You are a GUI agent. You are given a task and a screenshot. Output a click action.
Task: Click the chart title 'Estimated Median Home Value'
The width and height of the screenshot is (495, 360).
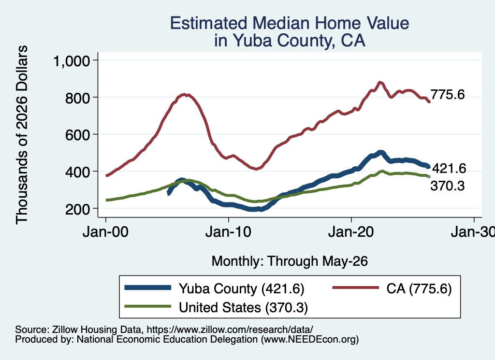290,23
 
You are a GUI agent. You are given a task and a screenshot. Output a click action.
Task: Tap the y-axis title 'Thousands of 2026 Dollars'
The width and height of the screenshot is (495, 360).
22,135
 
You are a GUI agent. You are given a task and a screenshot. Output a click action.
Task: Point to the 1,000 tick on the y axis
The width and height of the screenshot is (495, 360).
72,60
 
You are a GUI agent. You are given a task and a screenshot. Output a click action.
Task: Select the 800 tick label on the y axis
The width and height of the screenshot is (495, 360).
78,98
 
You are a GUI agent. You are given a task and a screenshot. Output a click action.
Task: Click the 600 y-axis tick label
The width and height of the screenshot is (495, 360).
78,135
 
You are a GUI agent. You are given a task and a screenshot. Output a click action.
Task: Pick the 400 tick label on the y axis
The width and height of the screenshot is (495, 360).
78,173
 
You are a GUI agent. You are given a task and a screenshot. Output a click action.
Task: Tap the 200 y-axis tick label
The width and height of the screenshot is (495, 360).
78,209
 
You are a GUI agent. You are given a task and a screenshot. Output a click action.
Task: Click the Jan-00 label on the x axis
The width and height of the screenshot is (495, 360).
105,232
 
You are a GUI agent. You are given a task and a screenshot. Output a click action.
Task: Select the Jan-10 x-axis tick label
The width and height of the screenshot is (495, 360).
228,232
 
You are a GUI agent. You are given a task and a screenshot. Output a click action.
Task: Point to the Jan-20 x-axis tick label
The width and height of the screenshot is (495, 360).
351,232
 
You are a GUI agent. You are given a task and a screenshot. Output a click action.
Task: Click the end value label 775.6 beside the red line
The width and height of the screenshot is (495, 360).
448,94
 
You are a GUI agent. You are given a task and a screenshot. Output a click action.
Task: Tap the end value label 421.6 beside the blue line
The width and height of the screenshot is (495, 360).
449,169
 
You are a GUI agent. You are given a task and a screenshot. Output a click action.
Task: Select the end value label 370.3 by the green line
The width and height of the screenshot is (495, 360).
448,186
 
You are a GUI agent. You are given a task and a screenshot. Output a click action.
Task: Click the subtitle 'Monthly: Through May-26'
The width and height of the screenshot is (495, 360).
290,261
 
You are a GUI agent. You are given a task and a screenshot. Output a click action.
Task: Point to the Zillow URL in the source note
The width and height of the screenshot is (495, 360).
230,330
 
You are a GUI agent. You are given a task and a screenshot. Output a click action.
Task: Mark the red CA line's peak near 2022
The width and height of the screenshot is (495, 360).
380,83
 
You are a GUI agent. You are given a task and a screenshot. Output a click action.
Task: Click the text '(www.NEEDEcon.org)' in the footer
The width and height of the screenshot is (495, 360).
310,340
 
